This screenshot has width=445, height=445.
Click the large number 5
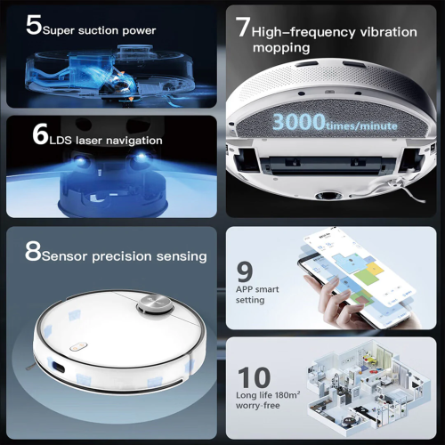tap(34, 25)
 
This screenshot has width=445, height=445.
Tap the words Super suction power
tap(100, 30)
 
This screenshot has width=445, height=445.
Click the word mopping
tap(281, 48)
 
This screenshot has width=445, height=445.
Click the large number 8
tap(34, 253)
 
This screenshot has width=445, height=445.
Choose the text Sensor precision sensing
tap(125, 256)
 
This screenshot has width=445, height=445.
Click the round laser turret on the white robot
tap(154, 306)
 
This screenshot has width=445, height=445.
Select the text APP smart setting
tap(256, 294)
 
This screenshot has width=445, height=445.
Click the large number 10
tap(256, 377)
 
